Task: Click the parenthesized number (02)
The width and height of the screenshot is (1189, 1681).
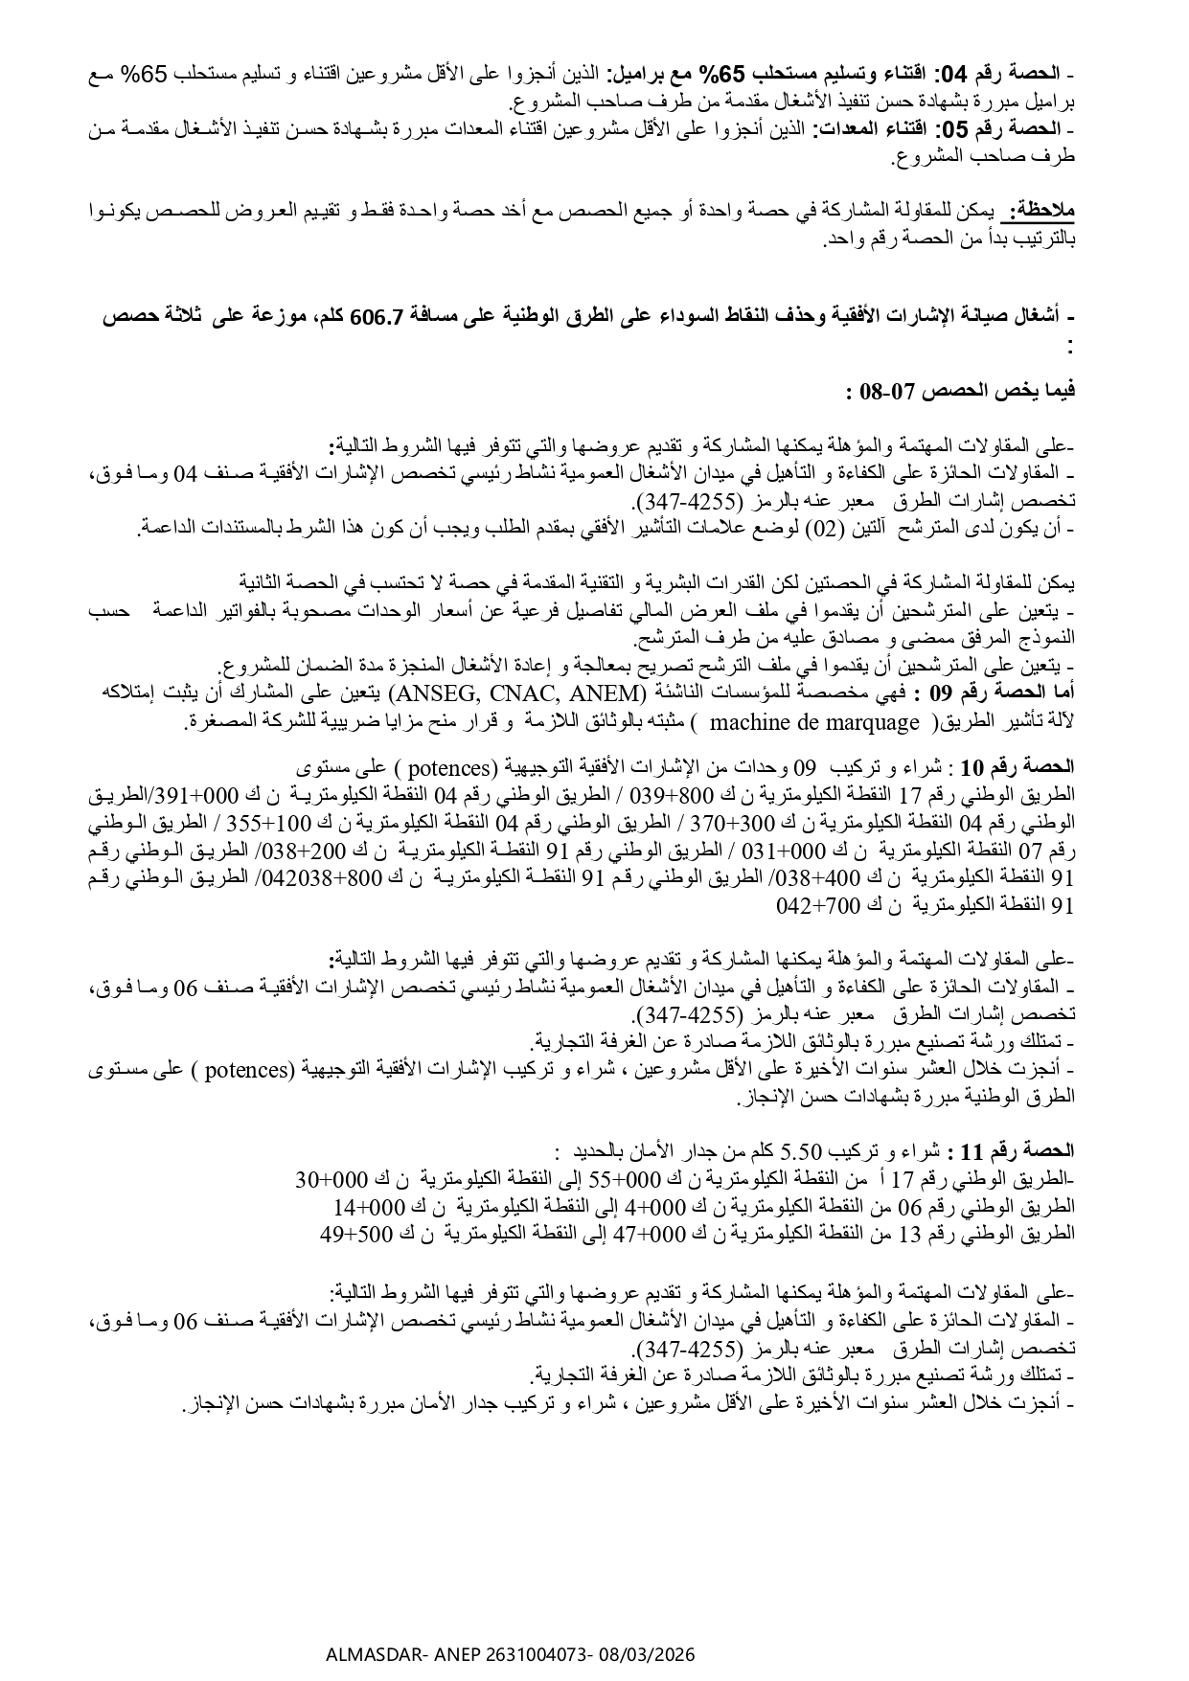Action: pyautogui.click(x=821, y=527)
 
